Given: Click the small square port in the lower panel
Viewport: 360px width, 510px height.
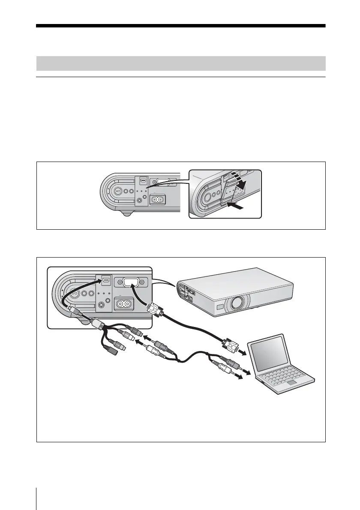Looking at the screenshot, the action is point(106,281).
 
